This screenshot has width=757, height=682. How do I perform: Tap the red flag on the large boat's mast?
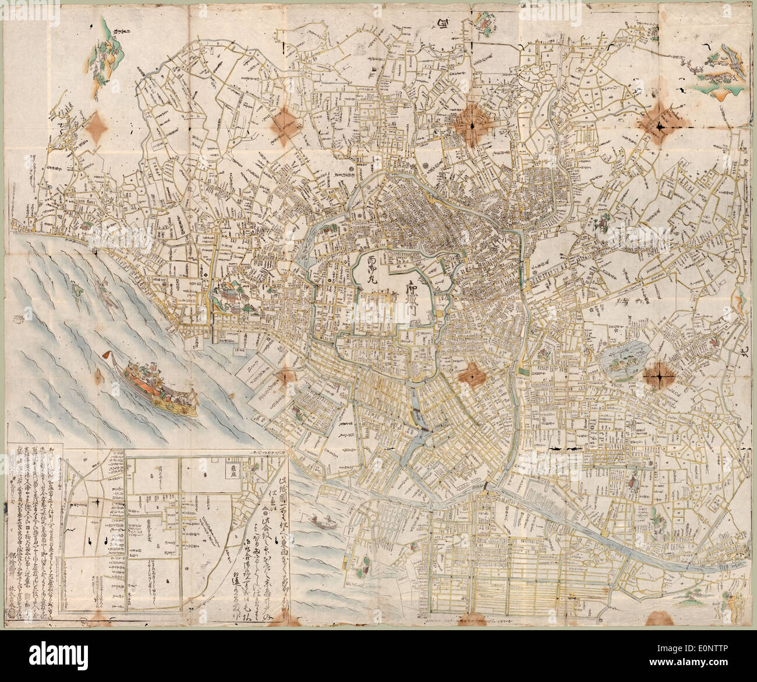click(x=108, y=355)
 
